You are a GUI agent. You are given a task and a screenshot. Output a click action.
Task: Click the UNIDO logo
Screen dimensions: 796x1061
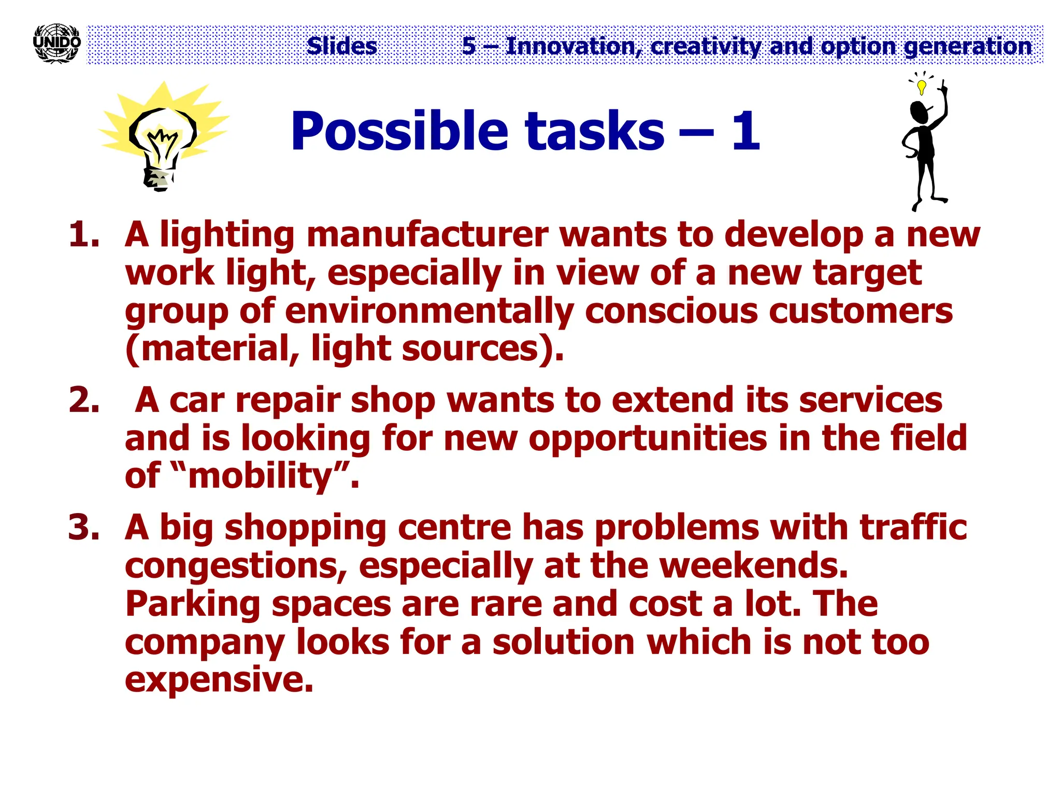(56, 44)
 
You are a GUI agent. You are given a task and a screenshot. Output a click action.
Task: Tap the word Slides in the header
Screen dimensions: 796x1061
(342, 46)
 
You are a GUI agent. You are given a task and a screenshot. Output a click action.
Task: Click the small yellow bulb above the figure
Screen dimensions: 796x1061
(921, 86)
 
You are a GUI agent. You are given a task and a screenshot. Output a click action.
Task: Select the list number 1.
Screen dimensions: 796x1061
(83, 234)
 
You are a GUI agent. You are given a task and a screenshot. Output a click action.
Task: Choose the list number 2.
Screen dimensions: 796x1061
(83, 401)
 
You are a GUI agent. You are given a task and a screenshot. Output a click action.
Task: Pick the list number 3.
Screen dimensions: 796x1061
(83, 527)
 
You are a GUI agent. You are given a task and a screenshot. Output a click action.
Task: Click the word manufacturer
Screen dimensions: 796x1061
(427, 234)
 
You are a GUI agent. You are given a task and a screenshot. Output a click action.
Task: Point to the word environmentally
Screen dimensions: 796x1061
(429, 311)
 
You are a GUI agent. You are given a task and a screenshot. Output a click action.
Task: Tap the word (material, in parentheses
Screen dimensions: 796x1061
(212, 349)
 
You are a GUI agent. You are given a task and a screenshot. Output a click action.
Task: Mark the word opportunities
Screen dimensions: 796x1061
(648, 438)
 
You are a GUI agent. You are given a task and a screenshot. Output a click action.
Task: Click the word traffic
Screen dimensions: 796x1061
(913, 527)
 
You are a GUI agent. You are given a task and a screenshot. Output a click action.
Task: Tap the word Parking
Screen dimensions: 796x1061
(193, 604)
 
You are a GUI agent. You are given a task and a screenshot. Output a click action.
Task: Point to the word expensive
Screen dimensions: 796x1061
(219, 679)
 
